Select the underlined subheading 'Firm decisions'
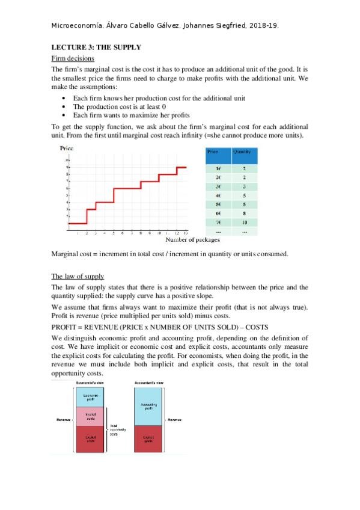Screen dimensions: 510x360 coord(72,58)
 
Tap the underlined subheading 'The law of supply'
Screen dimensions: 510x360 coord(78,276)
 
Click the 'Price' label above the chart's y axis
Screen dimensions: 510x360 coord(66,148)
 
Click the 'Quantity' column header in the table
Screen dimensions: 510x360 coord(242,152)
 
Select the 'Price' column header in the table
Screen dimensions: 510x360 coord(213,152)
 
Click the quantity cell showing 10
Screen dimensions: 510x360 coord(245,221)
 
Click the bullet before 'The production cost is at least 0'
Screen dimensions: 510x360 coord(64,106)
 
